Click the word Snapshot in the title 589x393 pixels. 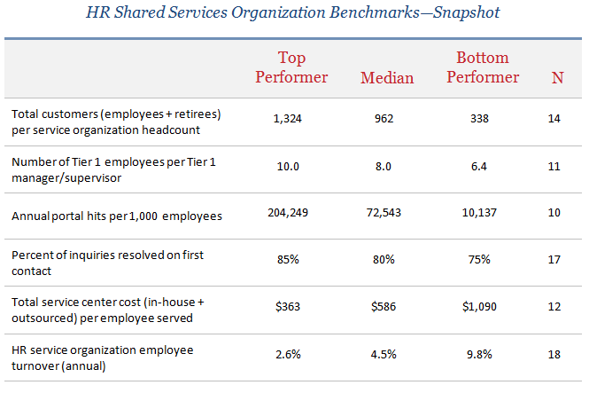466,12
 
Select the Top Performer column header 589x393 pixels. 291,67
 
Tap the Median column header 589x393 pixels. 387,78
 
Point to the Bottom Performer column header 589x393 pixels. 483,67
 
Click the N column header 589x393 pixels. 557,78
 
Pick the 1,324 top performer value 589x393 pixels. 287,119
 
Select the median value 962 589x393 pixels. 384,119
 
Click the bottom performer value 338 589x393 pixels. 479,119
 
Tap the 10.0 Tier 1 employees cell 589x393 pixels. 288,166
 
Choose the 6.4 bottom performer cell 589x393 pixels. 479,166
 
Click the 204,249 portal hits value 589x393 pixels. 288,213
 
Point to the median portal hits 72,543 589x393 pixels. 384,213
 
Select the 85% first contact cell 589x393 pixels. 288,260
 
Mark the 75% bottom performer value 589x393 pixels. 479,260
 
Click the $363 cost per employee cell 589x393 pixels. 288,306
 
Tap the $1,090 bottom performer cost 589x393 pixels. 479,306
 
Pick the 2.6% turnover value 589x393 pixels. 288,354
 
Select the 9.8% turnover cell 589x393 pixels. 479,354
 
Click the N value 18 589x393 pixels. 554,354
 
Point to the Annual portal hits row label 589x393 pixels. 116,216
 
